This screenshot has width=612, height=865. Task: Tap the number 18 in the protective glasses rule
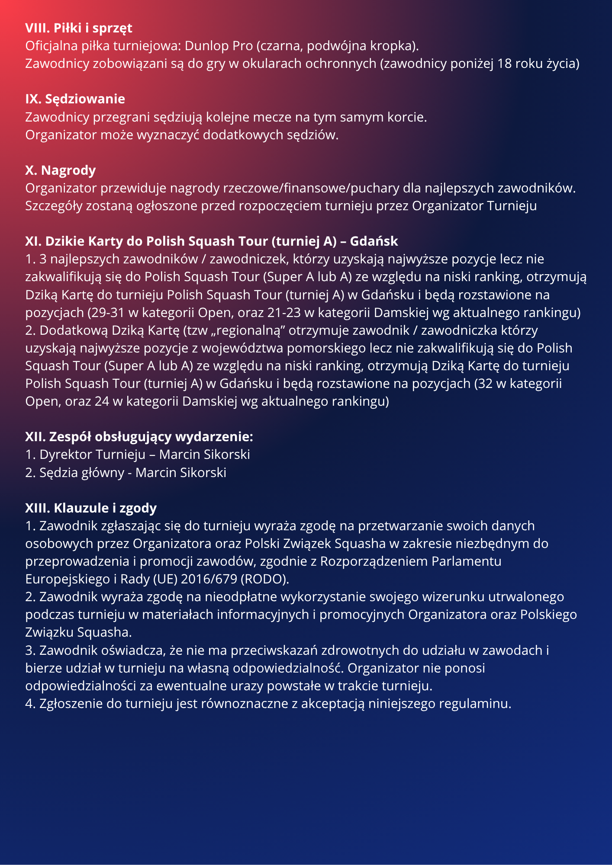pyautogui.click(x=504, y=64)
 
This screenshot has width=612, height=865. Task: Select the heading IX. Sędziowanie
pyautogui.click(x=75, y=99)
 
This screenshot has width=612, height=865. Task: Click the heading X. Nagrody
pyautogui.click(x=60, y=170)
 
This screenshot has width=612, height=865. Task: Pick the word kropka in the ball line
pyautogui.click(x=395, y=46)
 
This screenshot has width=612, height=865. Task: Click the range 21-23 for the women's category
pyautogui.click(x=283, y=312)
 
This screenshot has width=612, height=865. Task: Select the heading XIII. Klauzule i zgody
pyautogui.click(x=91, y=508)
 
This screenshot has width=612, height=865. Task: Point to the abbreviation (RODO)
pyautogui.click(x=264, y=579)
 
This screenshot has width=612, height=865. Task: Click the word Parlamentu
pyautogui.click(x=466, y=561)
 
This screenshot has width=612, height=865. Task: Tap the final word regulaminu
pyautogui.click(x=475, y=704)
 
